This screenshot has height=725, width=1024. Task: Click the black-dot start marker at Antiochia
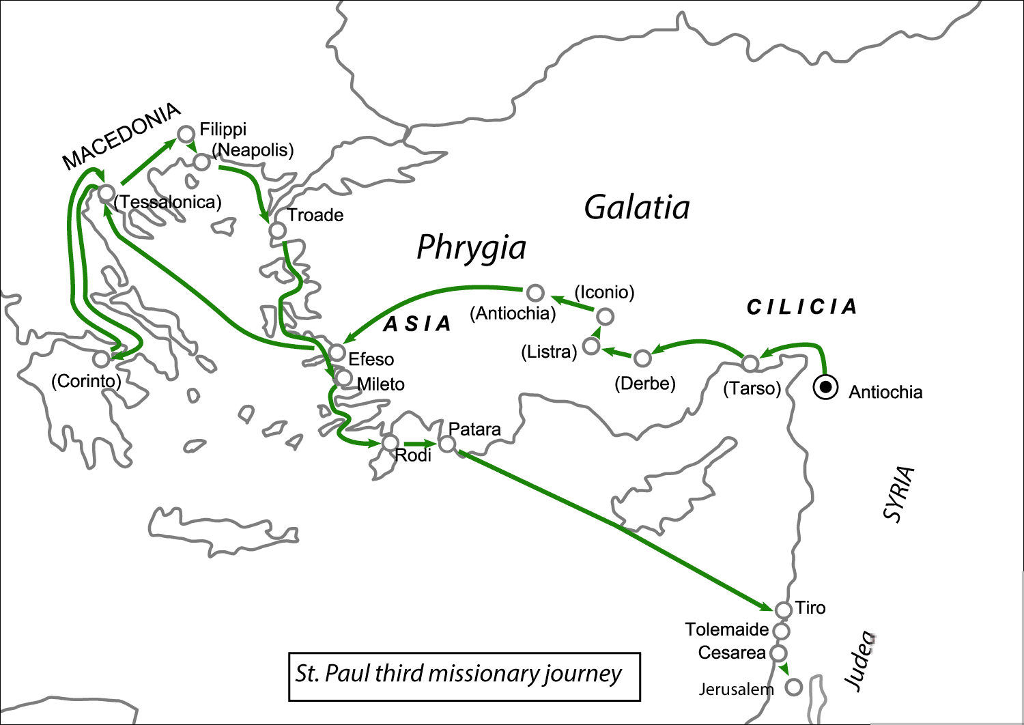click(x=825, y=388)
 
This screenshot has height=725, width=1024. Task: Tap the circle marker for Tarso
click(x=750, y=363)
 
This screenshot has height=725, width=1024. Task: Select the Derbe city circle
click(x=642, y=358)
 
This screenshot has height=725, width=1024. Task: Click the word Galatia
click(x=636, y=207)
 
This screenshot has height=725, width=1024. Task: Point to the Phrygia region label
click(x=471, y=248)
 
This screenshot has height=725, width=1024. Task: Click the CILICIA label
click(x=801, y=307)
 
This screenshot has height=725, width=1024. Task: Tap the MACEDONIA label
click(x=122, y=136)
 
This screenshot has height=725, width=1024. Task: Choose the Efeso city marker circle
click(x=337, y=352)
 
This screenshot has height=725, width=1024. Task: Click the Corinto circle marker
click(x=102, y=358)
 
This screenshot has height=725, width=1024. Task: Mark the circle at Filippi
click(x=186, y=134)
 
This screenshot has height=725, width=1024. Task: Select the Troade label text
click(x=315, y=215)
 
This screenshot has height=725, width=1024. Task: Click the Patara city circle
click(x=446, y=444)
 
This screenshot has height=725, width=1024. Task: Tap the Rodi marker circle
click(x=390, y=443)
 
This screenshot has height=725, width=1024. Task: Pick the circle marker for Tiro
click(x=783, y=609)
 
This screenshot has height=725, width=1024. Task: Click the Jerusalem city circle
click(x=793, y=687)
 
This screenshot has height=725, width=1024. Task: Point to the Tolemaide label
click(x=726, y=629)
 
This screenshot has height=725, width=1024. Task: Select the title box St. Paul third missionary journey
click(x=464, y=677)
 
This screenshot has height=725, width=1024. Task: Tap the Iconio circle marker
click(x=605, y=316)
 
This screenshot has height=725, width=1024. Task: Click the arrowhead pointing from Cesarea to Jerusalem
click(x=785, y=670)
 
